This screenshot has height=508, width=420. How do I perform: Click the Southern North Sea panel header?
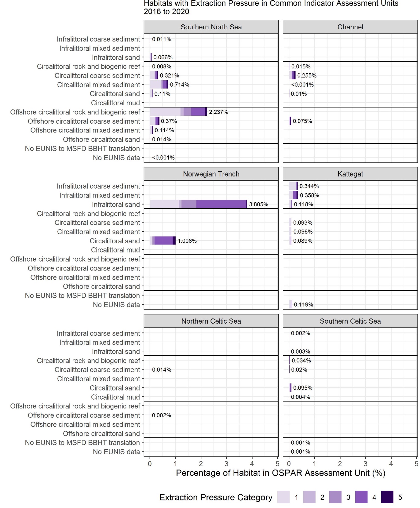[x=211, y=27]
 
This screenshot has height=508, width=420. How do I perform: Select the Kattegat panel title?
[x=350, y=174]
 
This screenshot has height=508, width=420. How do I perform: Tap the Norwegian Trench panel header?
[x=211, y=174]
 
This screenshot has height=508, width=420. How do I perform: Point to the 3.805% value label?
[x=259, y=204]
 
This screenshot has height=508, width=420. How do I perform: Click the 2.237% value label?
[x=218, y=112]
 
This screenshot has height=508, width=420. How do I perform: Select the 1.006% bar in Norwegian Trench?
[x=163, y=241]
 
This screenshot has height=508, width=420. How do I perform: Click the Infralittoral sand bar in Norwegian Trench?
[x=199, y=204]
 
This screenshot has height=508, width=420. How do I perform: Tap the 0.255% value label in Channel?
[x=307, y=75]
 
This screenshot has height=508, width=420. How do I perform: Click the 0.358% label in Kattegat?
[x=309, y=195]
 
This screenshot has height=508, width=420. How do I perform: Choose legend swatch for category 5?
[x=387, y=497]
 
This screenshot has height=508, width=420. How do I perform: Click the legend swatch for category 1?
[x=283, y=497]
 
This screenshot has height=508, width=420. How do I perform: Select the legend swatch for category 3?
[x=335, y=497]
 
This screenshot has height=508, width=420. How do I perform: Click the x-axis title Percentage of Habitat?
[x=281, y=473]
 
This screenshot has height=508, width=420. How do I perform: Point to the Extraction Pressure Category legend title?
[x=216, y=497]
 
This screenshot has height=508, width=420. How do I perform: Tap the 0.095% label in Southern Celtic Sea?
[x=303, y=388]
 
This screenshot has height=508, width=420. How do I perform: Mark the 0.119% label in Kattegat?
[x=304, y=305]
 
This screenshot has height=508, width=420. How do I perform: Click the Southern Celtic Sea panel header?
[x=350, y=321]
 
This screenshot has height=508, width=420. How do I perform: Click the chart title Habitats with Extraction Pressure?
[x=271, y=8]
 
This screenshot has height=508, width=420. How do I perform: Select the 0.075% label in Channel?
[x=302, y=121]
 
